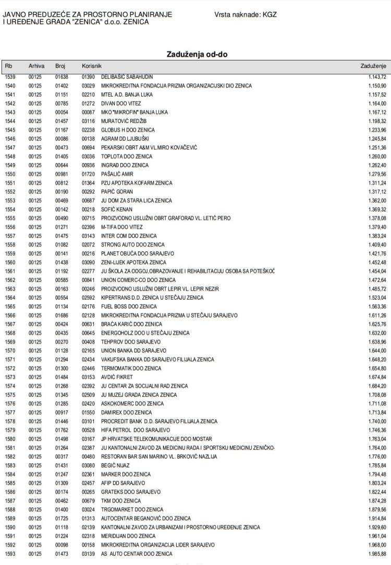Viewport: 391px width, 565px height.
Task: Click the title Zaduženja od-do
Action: [x=197, y=54]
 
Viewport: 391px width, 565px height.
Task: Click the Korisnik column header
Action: [x=91, y=66]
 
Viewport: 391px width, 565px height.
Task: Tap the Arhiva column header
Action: [x=36, y=66]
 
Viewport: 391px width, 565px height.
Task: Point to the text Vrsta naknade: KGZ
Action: [x=246, y=15]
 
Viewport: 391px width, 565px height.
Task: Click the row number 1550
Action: [x=11, y=174]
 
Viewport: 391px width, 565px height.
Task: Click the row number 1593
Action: [x=11, y=554]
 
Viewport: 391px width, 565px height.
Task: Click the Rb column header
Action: [x=8, y=66]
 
